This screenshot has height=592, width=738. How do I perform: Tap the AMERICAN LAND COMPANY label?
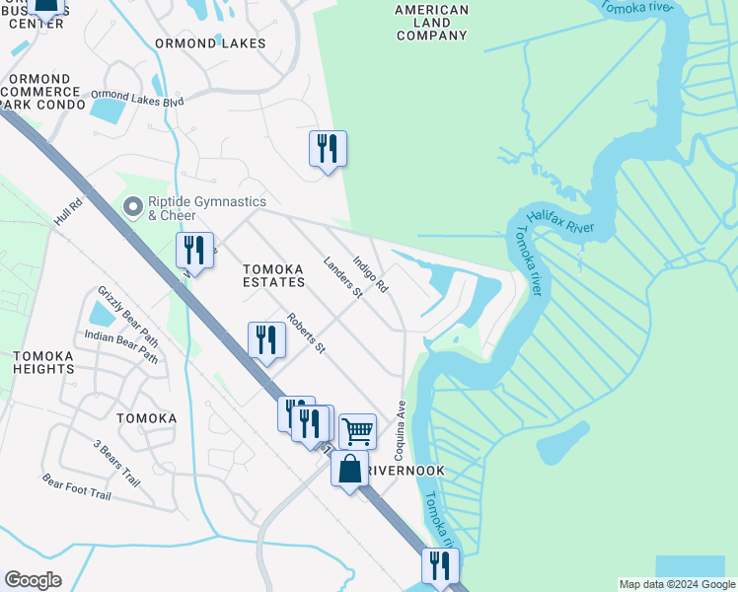(x=431, y=23)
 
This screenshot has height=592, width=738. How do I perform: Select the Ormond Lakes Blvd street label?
(x=137, y=98)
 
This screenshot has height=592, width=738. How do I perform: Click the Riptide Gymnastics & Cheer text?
(x=206, y=208)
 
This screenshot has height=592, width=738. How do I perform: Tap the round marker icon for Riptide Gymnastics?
(x=131, y=207)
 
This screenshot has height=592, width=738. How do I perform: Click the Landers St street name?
(x=343, y=280)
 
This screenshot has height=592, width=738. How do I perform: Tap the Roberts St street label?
(x=305, y=333)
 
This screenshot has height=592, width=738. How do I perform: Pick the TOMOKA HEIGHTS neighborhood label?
(x=43, y=362)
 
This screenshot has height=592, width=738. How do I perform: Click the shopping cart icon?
(x=357, y=430)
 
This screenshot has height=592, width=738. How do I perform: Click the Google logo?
(x=34, y=580)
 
